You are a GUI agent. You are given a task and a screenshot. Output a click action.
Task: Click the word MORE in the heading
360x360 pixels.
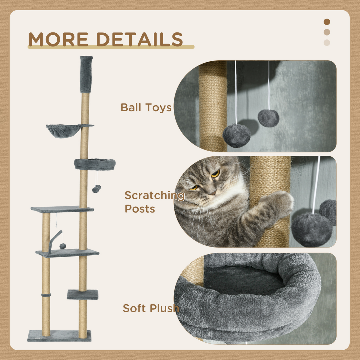(x=59, y=39)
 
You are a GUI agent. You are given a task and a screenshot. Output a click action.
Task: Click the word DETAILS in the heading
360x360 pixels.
(x=140, y=39)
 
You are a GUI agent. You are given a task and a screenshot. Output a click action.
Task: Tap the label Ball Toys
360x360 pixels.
(x=146, y=108)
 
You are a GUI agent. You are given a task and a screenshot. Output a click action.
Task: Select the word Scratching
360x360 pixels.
(x=154, y=195)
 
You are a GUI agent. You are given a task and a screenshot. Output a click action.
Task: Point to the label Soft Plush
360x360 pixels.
(x=150, y=308)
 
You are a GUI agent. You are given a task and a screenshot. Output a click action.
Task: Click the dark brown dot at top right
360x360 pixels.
(x=327, y=22)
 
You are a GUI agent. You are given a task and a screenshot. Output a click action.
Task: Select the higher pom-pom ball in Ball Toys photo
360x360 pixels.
(x=268, y=118)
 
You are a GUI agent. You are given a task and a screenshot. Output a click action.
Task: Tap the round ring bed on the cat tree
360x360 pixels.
(x=95, y=164)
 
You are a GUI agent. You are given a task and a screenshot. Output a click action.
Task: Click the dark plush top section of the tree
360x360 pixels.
(x=86, y=74)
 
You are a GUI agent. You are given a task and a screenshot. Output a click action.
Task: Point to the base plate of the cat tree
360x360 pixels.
(x=59, y=335)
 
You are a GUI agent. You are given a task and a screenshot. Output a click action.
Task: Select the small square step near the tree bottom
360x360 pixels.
(x=82, y=294)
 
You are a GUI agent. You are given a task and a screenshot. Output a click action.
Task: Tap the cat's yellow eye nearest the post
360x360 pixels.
(x=215, y=173)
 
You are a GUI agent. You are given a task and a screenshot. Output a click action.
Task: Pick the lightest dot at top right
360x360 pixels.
(x=327, y=43)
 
